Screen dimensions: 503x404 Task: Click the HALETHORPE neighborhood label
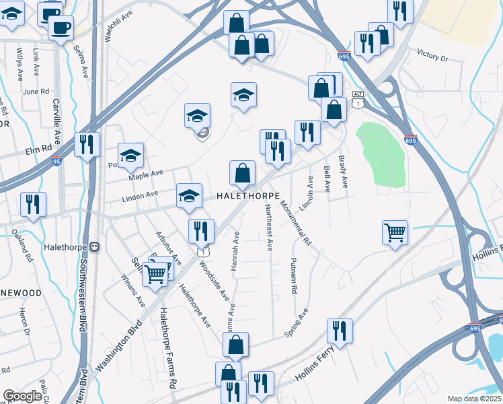(247, 195)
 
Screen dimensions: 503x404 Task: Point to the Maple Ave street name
(146, 174)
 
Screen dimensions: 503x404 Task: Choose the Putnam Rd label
(294, 276)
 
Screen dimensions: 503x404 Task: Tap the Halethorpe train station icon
(95, 247)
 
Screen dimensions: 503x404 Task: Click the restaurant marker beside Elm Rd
(87, 144)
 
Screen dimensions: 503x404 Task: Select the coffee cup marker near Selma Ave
(61, 28)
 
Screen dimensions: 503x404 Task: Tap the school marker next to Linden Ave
(190, 195)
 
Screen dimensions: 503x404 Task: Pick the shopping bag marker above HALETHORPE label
(242, 173)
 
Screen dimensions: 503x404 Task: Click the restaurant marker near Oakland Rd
(33, 204)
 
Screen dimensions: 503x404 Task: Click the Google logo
(22, 396)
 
